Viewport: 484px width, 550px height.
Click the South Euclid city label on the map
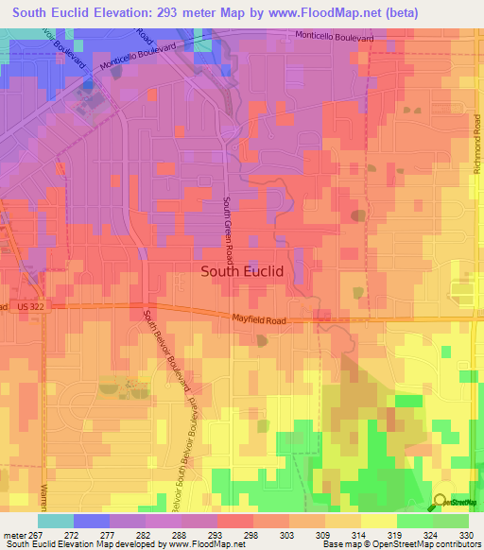[242, 271]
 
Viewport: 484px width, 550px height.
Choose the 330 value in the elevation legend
[467, 534]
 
